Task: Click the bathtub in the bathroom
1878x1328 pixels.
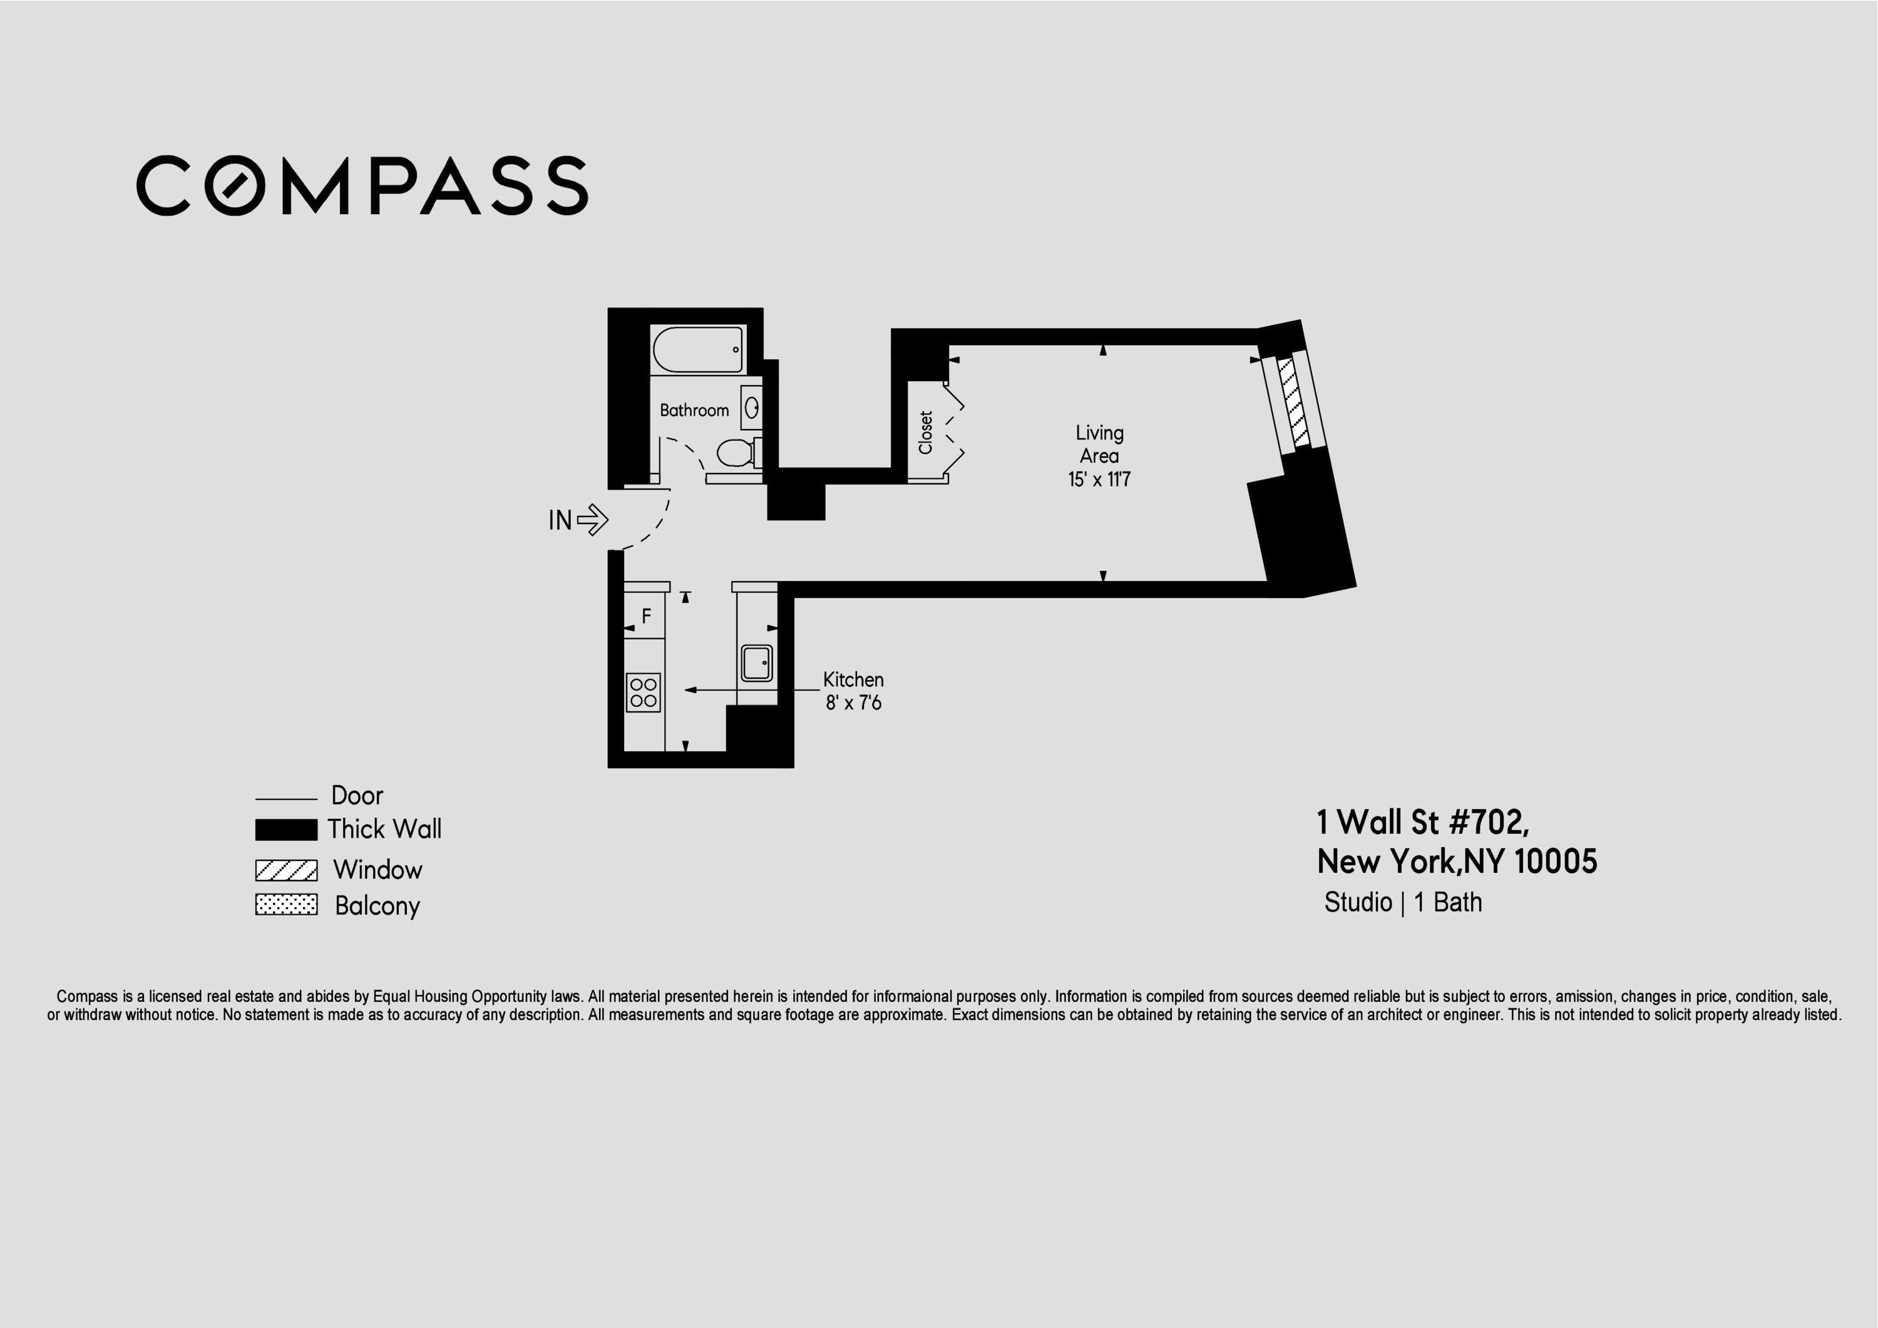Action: [697, 349]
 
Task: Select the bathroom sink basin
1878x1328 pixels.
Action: [751, 408]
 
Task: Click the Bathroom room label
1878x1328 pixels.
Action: [694, 410]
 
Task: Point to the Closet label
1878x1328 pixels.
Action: [926, 433]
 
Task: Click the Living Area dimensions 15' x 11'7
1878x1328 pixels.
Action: [1099, 480]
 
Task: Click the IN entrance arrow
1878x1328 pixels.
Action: [592, 520]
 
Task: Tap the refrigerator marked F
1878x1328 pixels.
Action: [645, 616]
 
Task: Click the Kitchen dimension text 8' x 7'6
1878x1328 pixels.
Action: [853, 703]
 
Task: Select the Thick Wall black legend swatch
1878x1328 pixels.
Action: [286, 830]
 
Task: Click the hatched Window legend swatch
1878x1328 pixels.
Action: [286, 870]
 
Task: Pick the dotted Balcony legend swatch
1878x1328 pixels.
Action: [286, 905]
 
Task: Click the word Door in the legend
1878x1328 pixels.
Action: [357, 795]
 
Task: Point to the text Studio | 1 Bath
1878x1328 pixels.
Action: [1403, 902]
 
